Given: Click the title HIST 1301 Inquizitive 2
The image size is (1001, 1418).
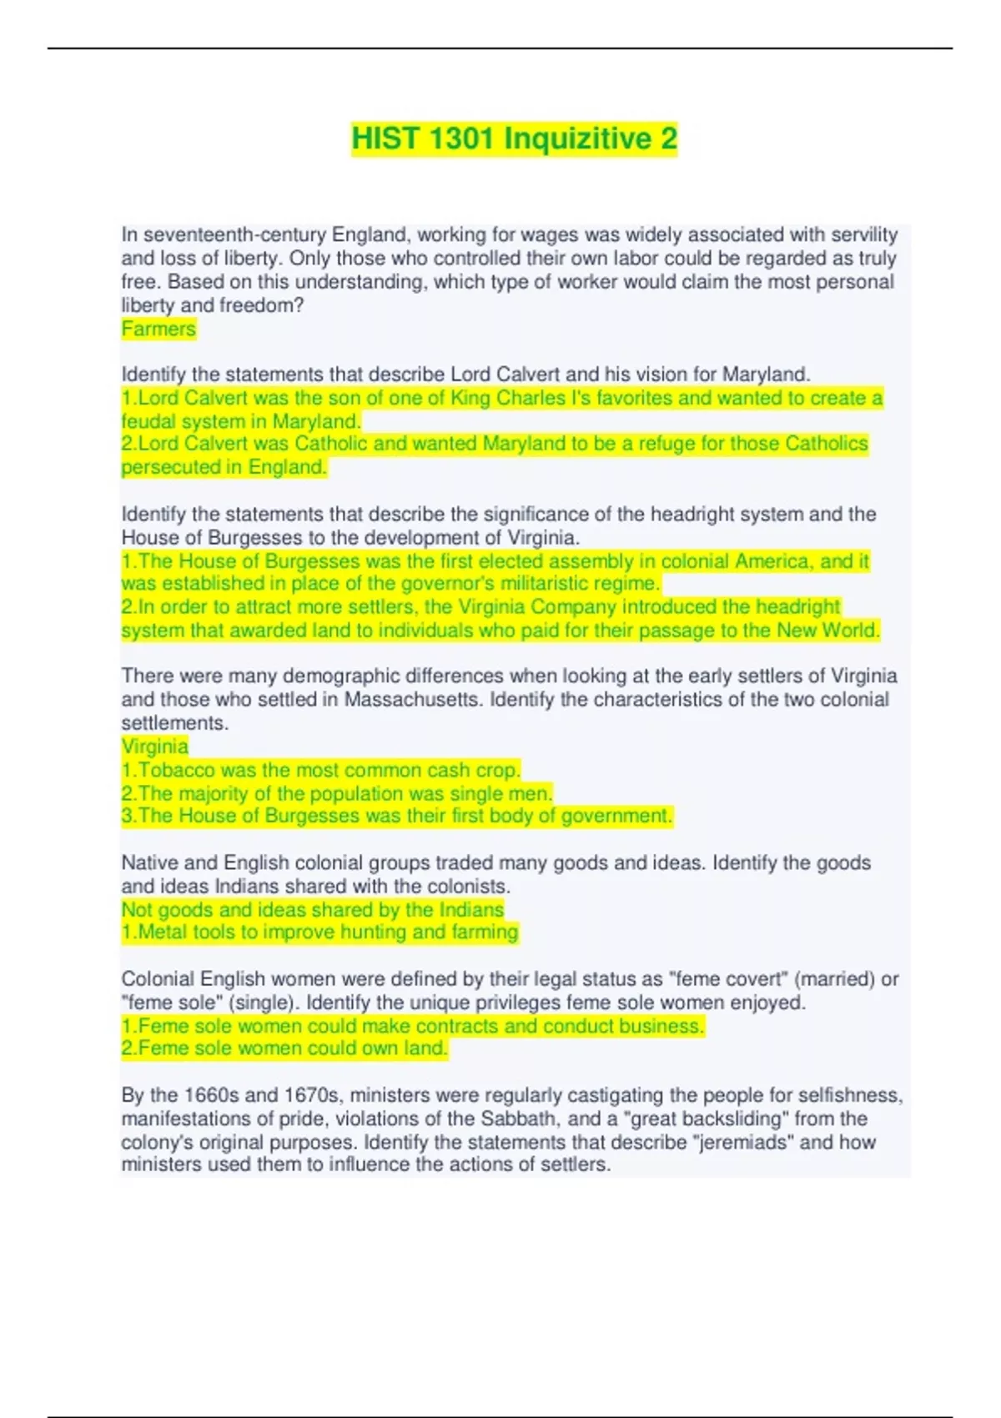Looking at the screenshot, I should click(x=514, y=138).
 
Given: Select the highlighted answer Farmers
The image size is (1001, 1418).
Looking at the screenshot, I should click(x=158, y=329).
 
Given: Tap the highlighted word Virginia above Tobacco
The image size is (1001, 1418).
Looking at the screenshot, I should click(x=155, y=746).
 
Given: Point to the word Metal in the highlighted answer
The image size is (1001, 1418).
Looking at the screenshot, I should click(x=163, y=932).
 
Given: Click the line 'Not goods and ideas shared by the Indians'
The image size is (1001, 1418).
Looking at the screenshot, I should click(x=313, y=909).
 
